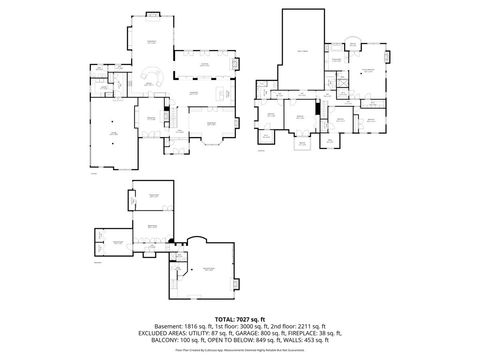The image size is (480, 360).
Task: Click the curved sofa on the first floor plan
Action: click(154, 76)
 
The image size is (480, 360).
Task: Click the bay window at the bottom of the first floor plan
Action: click(211, 137)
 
